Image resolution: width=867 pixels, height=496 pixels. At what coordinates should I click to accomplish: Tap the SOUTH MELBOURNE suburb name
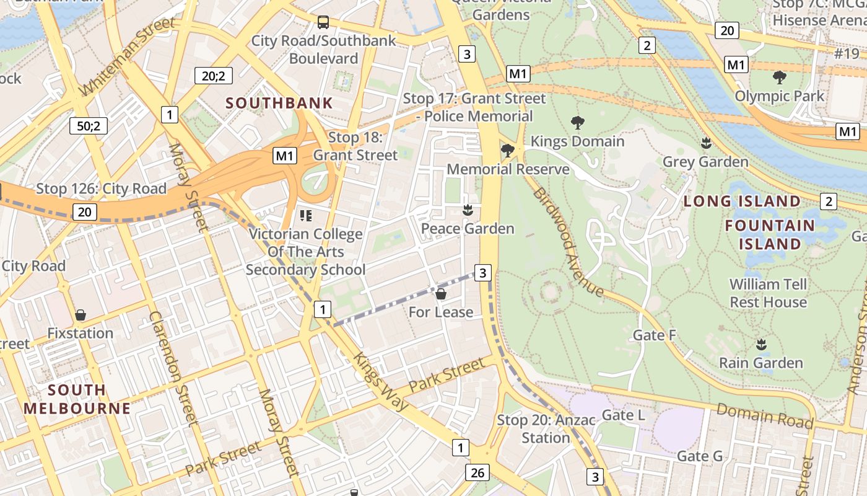click(77, 399)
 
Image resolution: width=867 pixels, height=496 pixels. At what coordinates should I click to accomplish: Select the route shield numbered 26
click(477, 472)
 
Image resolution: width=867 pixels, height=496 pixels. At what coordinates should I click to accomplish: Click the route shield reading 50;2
click(89, 126)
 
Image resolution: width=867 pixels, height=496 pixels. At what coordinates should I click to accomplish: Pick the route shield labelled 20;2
click(213, 76)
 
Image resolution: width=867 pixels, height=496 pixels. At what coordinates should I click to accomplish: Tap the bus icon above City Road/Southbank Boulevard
click(323, 22)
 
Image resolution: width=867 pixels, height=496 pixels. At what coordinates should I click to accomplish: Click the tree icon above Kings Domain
click(577, 122)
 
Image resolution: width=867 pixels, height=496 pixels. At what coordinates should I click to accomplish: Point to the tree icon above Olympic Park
click(779, 77)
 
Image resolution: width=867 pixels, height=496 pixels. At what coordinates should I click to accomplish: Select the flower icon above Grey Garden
click(705, 143)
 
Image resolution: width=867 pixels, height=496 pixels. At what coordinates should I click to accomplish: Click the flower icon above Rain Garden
click(761, 344)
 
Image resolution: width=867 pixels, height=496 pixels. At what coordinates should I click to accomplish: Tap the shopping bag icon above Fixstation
click(81, 315)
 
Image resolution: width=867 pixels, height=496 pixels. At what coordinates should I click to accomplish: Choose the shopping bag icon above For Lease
click(441, 293)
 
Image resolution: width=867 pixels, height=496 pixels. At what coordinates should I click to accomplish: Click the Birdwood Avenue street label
click(567, 242)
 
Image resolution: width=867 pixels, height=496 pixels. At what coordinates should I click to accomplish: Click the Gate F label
click(654, 335)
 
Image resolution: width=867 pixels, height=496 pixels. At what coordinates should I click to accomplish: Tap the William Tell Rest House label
click(768, 293)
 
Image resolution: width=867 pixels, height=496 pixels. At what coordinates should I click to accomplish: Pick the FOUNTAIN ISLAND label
click(769, 234)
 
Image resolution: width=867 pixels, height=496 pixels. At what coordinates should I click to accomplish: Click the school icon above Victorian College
click(305, 216)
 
